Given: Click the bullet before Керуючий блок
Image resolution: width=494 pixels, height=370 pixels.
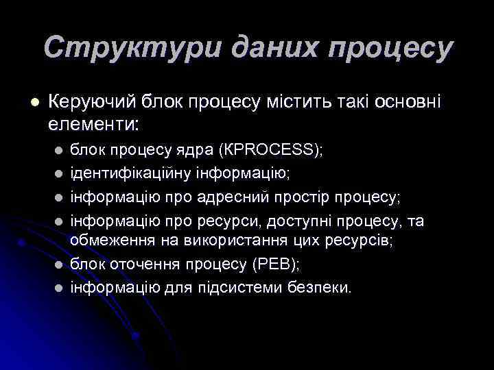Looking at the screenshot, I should point(34,103).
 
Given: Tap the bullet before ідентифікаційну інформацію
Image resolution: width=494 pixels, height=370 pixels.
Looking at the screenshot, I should point(59,174).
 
